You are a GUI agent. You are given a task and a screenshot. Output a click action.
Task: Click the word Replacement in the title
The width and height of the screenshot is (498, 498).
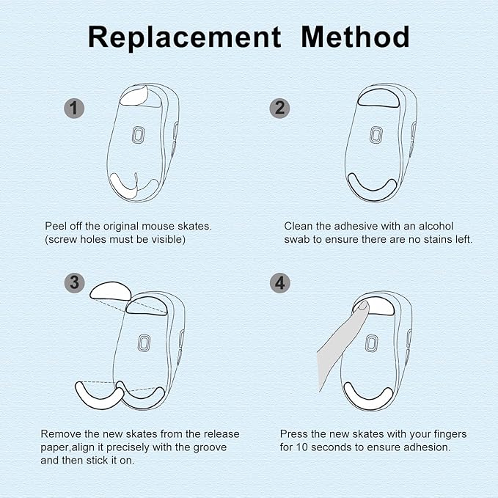point(184,37)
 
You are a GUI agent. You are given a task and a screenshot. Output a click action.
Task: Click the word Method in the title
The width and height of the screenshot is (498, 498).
point(355,37)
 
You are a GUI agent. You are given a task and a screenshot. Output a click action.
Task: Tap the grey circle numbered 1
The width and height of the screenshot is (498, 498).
point(74,109)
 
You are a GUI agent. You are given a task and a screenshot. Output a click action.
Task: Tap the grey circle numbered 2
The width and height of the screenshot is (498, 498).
point(279,109)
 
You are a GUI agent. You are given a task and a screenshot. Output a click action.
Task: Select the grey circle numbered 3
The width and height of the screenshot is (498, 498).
point(74,282)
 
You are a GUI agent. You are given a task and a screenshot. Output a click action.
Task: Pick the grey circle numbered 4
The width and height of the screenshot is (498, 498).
point(280,282)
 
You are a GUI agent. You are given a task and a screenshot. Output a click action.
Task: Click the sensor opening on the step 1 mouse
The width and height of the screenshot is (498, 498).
point(138,135)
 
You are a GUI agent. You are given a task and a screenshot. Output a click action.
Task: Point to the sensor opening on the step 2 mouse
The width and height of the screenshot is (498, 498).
point(376,135)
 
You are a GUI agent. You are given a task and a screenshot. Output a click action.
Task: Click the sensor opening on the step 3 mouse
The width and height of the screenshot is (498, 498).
point(144,343)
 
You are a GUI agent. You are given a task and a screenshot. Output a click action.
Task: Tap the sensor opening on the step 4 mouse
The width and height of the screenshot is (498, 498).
point(371,343)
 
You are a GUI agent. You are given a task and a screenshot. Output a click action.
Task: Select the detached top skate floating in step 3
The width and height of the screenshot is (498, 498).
point(111,290)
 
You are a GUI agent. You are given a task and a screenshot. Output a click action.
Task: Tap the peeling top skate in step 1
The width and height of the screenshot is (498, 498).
point(133,96)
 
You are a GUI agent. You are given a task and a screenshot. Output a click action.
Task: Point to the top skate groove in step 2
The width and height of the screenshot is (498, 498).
point(378,98)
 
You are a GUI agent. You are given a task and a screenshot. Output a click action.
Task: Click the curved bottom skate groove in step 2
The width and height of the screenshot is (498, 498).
point(373,187)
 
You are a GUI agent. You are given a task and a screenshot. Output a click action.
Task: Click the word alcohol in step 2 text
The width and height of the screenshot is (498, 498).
point(436,226)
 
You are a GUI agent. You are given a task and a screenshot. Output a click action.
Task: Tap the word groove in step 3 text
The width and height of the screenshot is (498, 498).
point(210,448)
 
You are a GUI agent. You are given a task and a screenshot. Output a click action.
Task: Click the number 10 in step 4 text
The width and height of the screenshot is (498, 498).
point(301,447)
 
